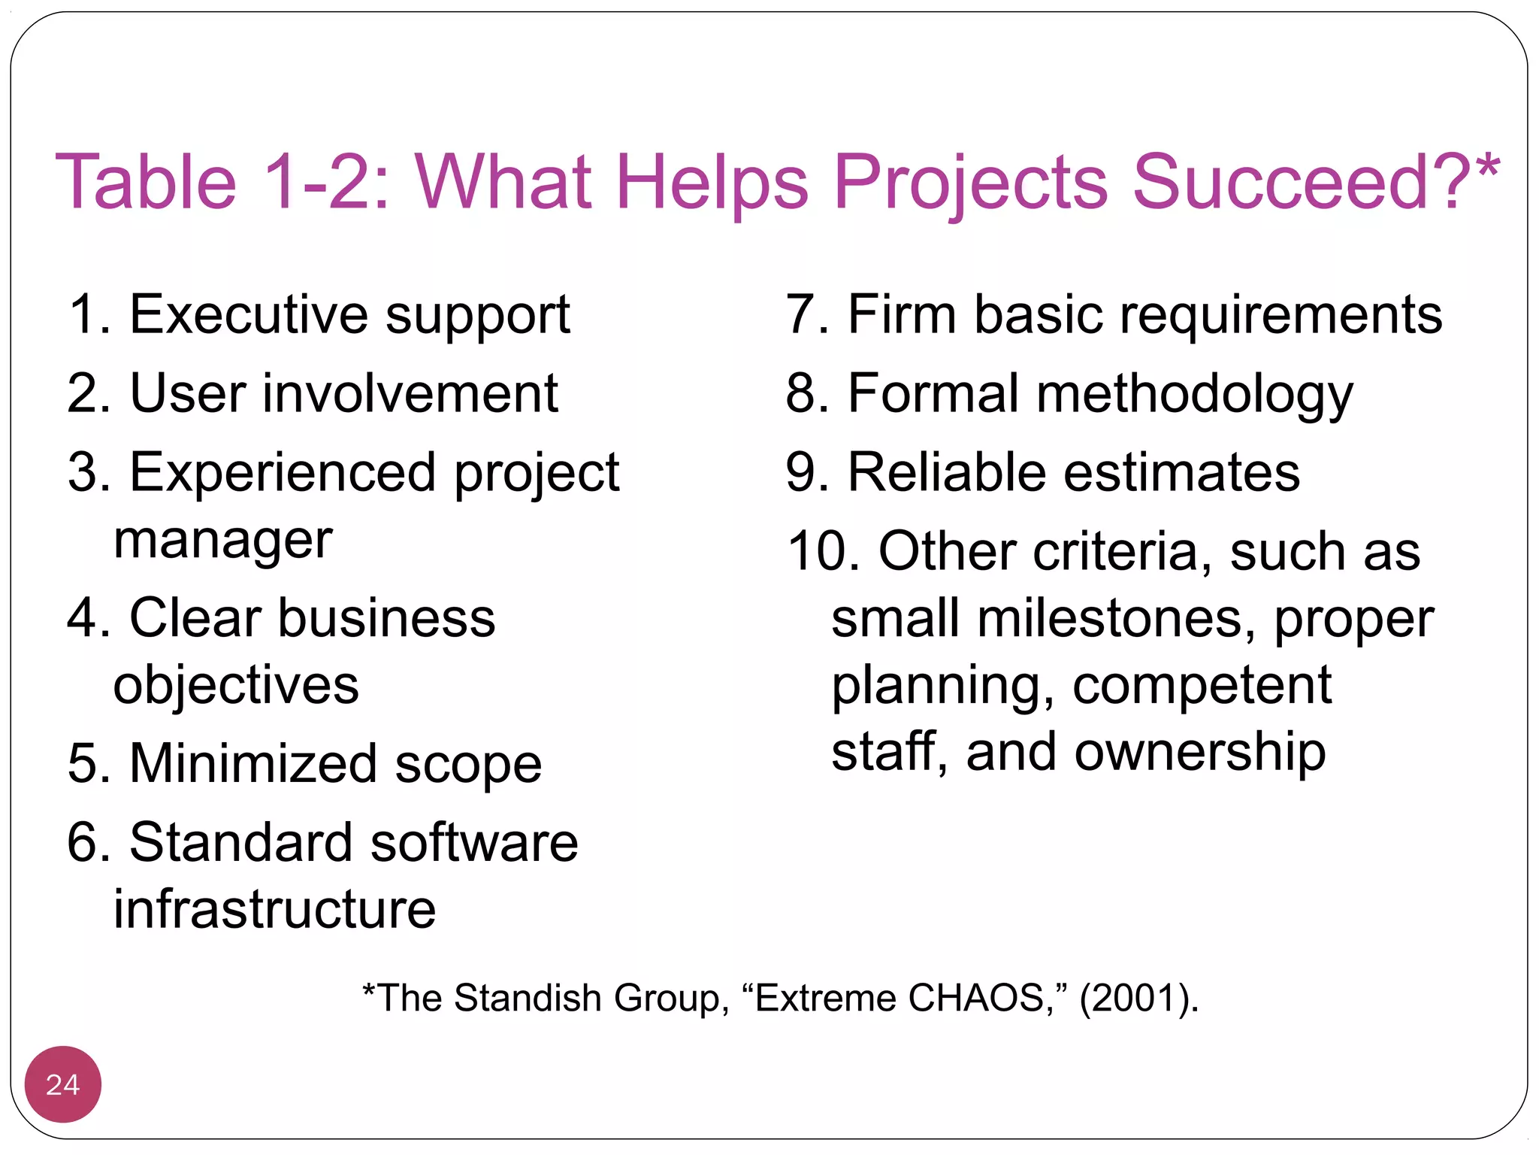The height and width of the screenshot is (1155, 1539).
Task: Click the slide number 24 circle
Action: pyautogui.click(x=62, y=1084)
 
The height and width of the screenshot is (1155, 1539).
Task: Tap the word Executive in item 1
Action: pyautogui.click(x=249, y=314)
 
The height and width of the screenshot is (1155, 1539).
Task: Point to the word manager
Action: pyautogui.click(x=222, y=540)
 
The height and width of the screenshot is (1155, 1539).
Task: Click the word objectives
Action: pyautogui.click(x=236, y=685)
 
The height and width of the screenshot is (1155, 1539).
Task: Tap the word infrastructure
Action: pyautogui.click(x=274, y=909)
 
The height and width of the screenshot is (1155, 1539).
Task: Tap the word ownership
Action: pyautogui.click(x=1199, y=752)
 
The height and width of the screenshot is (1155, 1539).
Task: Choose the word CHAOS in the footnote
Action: pyautogui.click(x=975, y=998)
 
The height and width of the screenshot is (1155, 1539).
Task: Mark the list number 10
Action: pyautogui.click(x=822, y=551)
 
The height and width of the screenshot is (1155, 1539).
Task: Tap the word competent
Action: pyautogui.click(x=1202, y=685)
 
